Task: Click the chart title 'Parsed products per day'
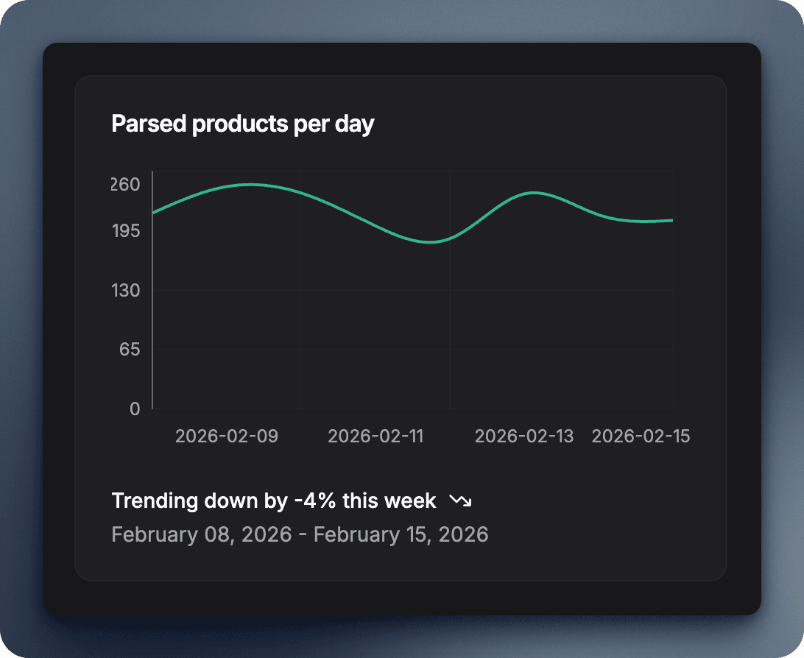click(x=242, y=124)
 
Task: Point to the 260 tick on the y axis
click(x=126, y=184)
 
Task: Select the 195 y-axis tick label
click(x=126, y=231)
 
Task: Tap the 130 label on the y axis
click(x=126, y=290)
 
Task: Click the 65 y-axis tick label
click(x=130, y=349)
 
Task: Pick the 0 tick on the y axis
click(x=134, y=408)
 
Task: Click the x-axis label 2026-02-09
click(x=227, y=436)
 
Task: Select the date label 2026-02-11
click(x=375, y=436)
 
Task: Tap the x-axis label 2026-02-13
click(x=523, y=436)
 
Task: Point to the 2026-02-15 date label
click(x=641, y=436)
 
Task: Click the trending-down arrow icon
click(x=460, y=501)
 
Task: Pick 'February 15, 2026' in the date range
click(x=401, y=534)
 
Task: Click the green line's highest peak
click(x=250, y=185)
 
